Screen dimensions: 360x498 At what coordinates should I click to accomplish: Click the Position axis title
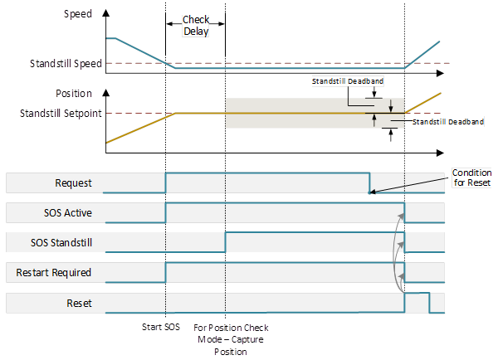[73, 94]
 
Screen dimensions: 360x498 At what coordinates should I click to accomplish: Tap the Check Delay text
[196, 27]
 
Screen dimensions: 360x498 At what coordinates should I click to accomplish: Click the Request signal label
[73, 183]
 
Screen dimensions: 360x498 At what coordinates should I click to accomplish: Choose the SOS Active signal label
[68, 213]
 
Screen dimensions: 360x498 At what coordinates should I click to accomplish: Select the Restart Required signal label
[59, 272]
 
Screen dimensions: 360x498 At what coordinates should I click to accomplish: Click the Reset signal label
[80, 303]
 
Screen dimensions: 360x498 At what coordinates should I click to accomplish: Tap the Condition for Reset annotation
[471, 177]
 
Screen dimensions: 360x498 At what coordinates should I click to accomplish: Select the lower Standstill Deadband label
[447, 121]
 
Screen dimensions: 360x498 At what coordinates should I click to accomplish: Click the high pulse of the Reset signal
[417, 294]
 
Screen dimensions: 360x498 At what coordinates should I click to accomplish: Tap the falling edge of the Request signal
[369, 182]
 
